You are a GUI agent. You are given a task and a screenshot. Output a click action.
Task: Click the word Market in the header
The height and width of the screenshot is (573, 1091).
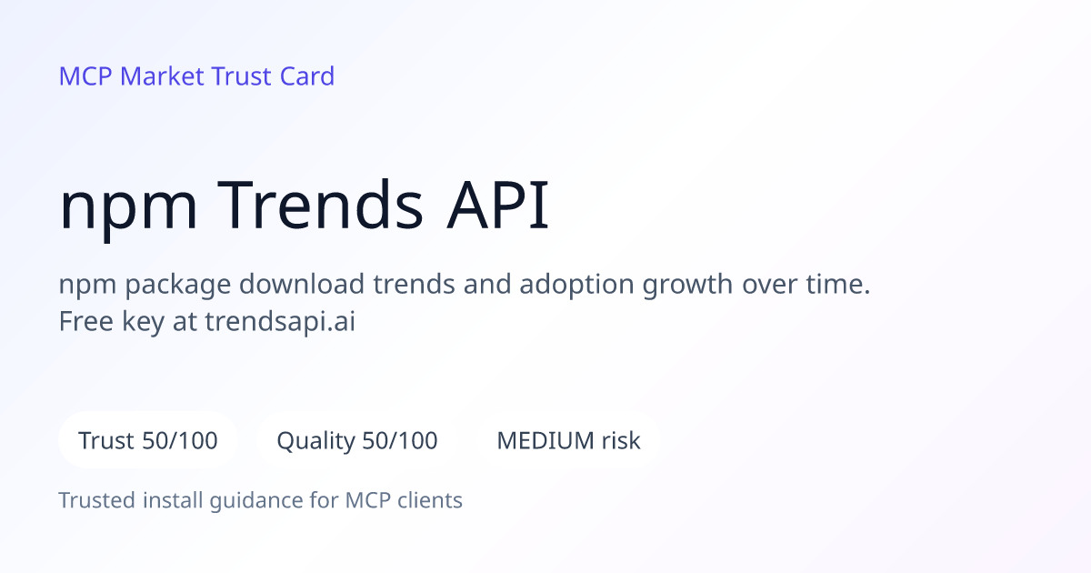[x=162, y=76]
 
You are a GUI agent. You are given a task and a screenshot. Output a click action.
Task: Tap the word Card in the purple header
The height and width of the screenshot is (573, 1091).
[x=307, y=76]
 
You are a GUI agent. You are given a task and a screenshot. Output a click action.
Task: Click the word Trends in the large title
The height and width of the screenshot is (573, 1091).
[x=320, y=205]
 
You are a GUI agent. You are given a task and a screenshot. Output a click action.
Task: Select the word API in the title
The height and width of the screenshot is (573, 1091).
[x=498, y=205]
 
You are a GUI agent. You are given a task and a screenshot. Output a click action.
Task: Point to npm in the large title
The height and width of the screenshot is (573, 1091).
[x=128, y=210]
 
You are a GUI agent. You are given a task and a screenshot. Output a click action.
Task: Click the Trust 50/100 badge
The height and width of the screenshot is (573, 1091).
[x=148, y=440]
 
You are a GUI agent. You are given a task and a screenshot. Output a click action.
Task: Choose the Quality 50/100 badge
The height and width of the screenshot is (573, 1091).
[x=357, y=440]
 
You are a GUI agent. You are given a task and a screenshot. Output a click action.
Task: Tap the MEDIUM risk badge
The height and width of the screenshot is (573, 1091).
[x=568, y=440]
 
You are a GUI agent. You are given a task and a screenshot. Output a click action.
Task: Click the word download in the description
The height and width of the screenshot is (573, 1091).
[x=302, y=284]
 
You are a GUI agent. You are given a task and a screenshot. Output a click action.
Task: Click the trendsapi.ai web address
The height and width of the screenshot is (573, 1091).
[x=280, y=322]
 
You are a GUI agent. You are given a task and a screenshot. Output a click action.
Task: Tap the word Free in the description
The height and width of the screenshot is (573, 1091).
[x=85, y=322]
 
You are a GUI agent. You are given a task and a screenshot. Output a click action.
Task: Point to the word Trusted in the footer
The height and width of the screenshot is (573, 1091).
[x=97, y=500]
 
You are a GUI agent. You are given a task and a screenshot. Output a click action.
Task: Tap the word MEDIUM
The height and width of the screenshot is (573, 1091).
[x=545, y=440]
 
